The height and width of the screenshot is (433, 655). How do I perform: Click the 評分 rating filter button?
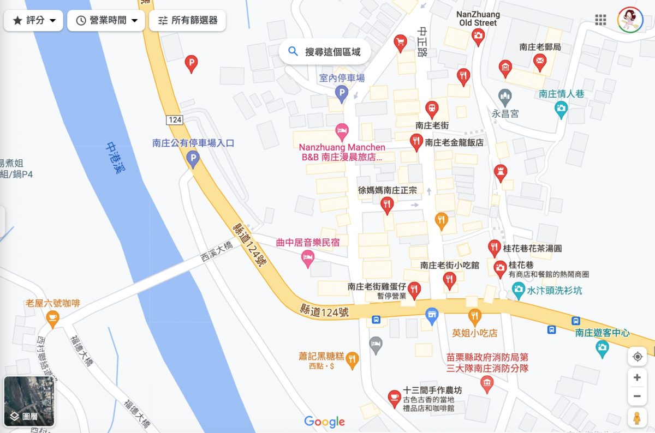coord(34,21)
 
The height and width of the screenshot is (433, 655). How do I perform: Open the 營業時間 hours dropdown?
coord(106,21)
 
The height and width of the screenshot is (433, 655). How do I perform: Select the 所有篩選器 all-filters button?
coord(187,21)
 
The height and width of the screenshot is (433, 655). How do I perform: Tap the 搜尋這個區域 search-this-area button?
coord(325,52)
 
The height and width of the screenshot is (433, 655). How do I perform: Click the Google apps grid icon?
coord(600,20)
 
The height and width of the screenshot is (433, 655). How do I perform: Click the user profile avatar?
coord(630,20)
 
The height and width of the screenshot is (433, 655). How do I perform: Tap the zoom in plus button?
coord(637,377)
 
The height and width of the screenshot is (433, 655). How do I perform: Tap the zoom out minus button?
coord(637,396)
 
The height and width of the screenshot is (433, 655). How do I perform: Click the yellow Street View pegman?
coord(637,418)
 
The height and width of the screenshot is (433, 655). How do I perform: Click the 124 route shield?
coord(175,119)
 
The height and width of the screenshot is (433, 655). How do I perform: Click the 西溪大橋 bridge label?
coord(217,251)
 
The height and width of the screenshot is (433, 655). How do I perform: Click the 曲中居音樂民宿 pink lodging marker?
coord(308,257)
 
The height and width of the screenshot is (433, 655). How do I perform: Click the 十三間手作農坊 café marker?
coord(393,398)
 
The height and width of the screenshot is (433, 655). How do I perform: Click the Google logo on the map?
coord(324,422)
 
